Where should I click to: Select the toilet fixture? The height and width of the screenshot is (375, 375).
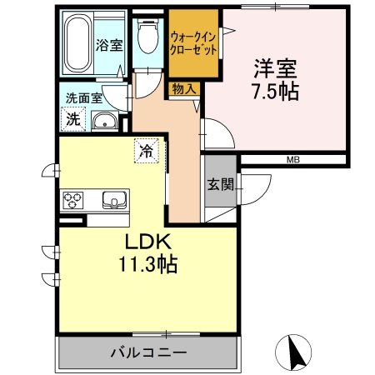pyautogui.click(x=148, y=37)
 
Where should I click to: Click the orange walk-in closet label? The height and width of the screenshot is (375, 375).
pyautogui.click(x=194, y=42)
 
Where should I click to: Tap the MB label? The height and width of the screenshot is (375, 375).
pyautogui.click(x=293, y=159)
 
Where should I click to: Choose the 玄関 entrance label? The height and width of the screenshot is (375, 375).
pyautogui.click(x=221, y=185)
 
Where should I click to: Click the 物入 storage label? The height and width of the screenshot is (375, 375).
pyautogui.click(x=184, y=88)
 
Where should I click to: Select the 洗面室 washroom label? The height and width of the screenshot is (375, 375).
pyautogui.click(x=83, y=98)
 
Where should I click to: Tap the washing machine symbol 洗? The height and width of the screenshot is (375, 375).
pyautogui.click(x=74, y=119)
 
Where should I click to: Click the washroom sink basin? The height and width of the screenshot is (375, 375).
pyautogui.click(x=106, y=124)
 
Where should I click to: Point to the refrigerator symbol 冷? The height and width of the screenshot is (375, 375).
pyautogui.click(x=146, y=152)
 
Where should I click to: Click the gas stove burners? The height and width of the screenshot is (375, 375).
pyautogui.click(x=73, y=200)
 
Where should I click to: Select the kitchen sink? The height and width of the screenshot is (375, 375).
pyautogui.click(x=114, y=199)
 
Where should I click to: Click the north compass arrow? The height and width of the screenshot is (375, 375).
pyautogui.click(x=293, y=352)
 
